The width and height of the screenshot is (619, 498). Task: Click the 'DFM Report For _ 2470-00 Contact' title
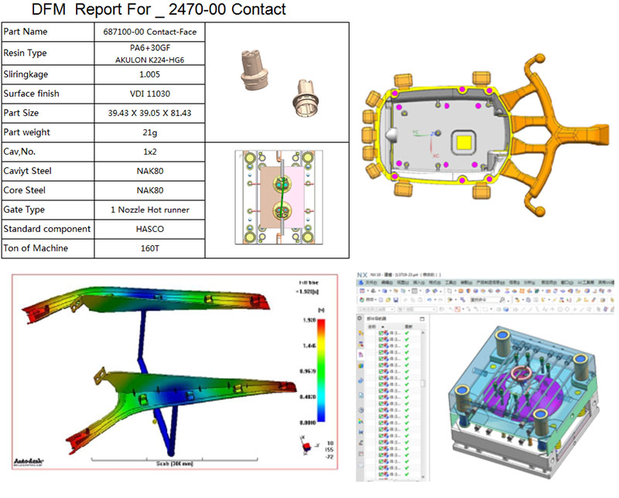[159, 10]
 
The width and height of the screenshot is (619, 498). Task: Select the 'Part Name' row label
[26, 32]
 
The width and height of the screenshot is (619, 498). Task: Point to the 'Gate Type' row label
[24, 210]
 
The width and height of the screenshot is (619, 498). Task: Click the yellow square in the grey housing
[465, 142]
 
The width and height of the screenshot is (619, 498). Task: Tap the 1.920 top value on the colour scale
[308, 319]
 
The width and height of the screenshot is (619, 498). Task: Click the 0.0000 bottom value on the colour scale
[308, 424]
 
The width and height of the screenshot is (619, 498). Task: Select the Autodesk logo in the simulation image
[29, 462]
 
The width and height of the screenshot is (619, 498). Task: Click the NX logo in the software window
[363, 275]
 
